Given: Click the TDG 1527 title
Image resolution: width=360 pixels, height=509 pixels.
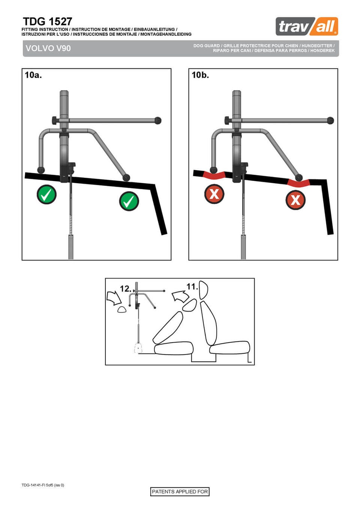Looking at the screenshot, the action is [x=48, y=22].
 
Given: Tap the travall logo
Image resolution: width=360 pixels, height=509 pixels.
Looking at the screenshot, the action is [x=307, y=26].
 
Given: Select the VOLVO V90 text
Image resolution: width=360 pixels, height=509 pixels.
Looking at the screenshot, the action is [x=48, y=48].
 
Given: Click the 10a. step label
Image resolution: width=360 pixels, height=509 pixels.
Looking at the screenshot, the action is [x=33, y=75].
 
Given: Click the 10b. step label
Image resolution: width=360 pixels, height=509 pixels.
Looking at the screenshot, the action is [x=200, y=75].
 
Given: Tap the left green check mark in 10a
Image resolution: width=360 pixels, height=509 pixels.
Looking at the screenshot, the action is [x=46, y=195].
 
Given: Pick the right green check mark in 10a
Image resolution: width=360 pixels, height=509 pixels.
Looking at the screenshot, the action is [x=129, y=201].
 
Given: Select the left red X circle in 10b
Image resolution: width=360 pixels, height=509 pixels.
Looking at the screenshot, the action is [x=214, y=194].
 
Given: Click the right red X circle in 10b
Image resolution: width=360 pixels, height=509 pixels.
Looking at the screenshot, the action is [x=295, y=200].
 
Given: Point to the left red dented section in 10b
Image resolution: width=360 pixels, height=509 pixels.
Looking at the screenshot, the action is [x=214, y=175].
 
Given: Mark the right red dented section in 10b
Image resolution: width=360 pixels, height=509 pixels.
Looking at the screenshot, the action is [x=298, y=183].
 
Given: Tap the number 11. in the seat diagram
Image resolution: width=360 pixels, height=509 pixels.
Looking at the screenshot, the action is [x=192, y=287].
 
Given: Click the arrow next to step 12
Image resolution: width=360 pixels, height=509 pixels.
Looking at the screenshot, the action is [x=114, y=298].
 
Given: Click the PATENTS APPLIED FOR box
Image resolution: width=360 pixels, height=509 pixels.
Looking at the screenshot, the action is [x=180, y=492].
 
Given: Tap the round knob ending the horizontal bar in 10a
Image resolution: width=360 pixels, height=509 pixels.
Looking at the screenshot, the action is [x=158, y=120].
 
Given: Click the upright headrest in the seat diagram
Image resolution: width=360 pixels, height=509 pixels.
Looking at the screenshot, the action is [x=203, y=290].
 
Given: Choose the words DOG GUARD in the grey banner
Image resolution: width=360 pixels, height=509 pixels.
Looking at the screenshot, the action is [x=206, y=46].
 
